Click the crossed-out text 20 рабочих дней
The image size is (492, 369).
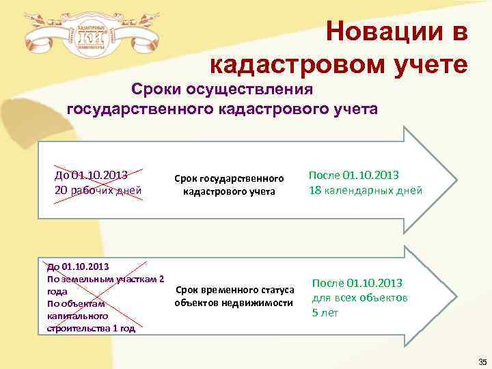pos(98,190)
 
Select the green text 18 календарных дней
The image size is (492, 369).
pos(366,190)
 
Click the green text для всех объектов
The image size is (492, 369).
pos(360,298)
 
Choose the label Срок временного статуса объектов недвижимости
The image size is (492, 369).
pos(234,296)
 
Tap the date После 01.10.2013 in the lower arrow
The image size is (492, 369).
pos(357,283)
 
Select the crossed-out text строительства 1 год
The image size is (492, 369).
pos(91,329)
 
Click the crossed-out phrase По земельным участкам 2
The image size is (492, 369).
pos(105,278)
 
